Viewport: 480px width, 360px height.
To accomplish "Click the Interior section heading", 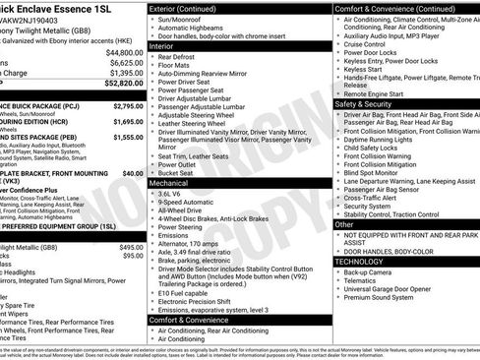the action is pyautogui.click(x=167, y=43).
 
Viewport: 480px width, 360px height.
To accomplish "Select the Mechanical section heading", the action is pyautogui.click(x=174, y=183).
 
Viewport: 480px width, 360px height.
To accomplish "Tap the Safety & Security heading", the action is pyautogui.click(x=364, y=103).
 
